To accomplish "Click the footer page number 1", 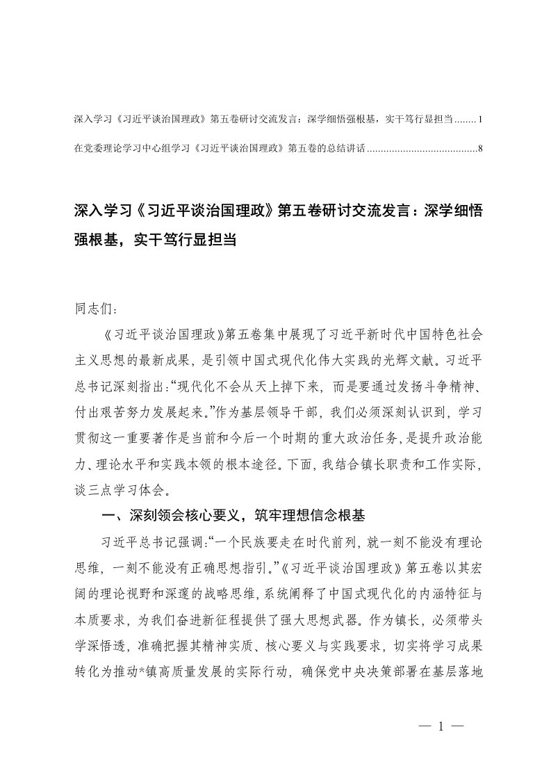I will coord(441,726).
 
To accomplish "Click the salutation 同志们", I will coord(91,308).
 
